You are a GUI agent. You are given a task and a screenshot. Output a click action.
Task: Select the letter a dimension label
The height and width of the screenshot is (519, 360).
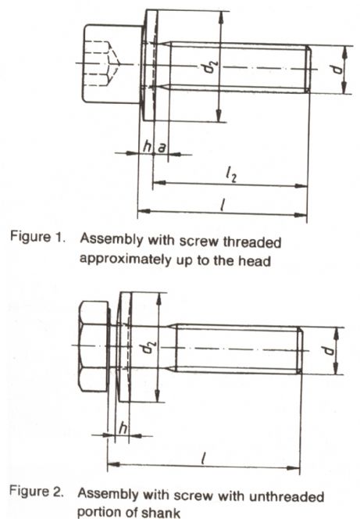point(162,148)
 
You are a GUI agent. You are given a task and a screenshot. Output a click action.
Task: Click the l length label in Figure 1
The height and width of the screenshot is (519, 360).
point(224,205)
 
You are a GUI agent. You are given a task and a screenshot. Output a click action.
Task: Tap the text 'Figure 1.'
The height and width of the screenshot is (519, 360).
point(37,237)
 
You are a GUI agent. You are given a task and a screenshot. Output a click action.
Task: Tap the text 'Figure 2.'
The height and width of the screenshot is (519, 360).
point(36,491)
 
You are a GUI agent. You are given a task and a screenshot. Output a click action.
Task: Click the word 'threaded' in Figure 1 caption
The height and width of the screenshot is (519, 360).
point(252,242)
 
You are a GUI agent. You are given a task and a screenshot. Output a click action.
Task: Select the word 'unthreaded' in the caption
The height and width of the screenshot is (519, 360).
point(287,496)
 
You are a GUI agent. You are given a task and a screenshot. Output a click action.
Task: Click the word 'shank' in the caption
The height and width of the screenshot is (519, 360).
point(161,513)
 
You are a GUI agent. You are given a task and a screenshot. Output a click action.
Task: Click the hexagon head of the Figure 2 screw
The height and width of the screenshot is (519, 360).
point(94,346)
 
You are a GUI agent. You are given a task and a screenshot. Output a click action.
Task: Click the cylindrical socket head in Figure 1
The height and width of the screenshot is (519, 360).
point(112,64)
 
